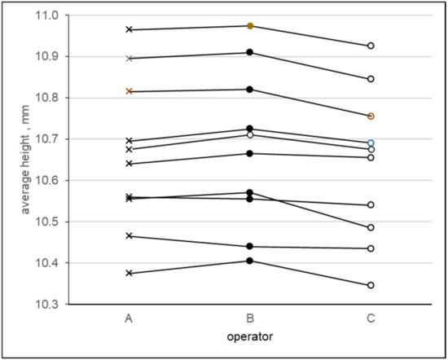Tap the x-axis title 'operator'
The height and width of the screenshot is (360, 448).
tap(249, 335)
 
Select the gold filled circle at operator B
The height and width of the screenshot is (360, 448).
tap(250, 26)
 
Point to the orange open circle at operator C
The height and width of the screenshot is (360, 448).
tap(371, 116)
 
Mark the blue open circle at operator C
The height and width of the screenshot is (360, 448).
tap(371, 143)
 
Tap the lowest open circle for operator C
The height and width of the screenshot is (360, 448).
tap(371, 285)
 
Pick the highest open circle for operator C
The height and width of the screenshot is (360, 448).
tap(371, 46)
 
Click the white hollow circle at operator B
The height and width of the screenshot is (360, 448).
tap(250, 135)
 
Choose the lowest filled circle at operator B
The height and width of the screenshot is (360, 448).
tap(250, 261)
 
